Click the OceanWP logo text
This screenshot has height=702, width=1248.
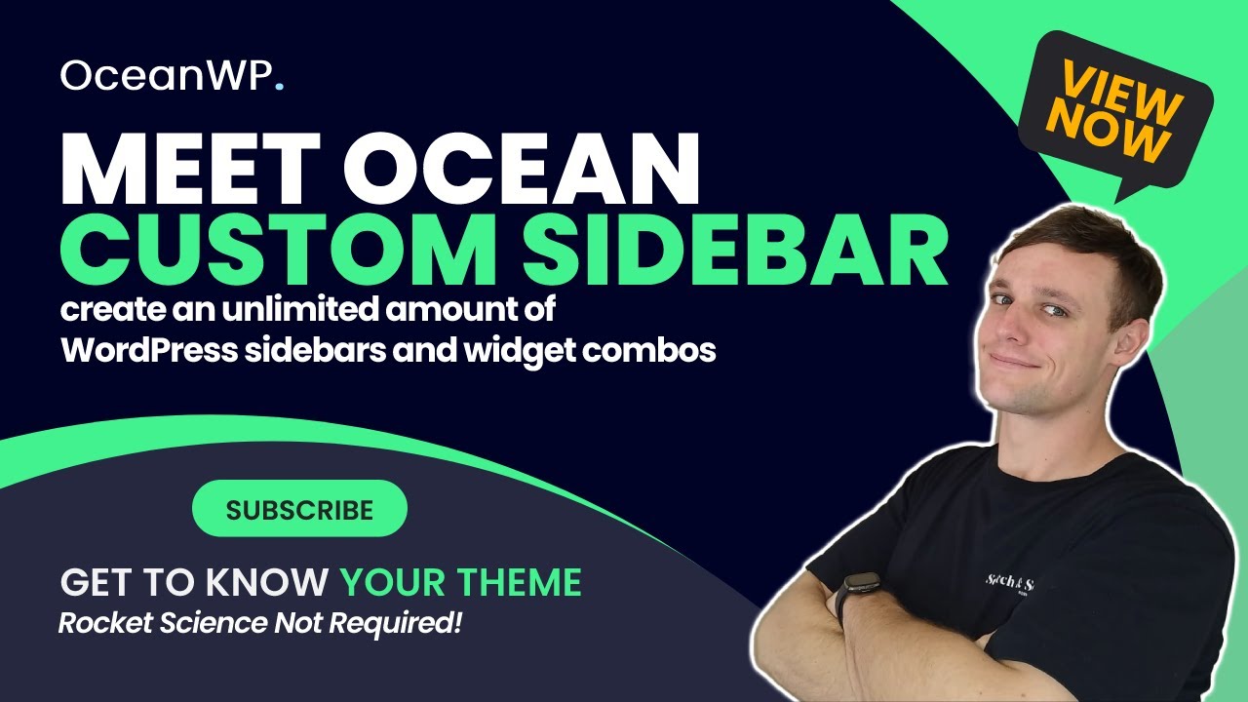click(166, 76)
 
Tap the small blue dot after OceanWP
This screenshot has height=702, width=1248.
click(280, 86)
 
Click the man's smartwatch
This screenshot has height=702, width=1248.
click(859, 594)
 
